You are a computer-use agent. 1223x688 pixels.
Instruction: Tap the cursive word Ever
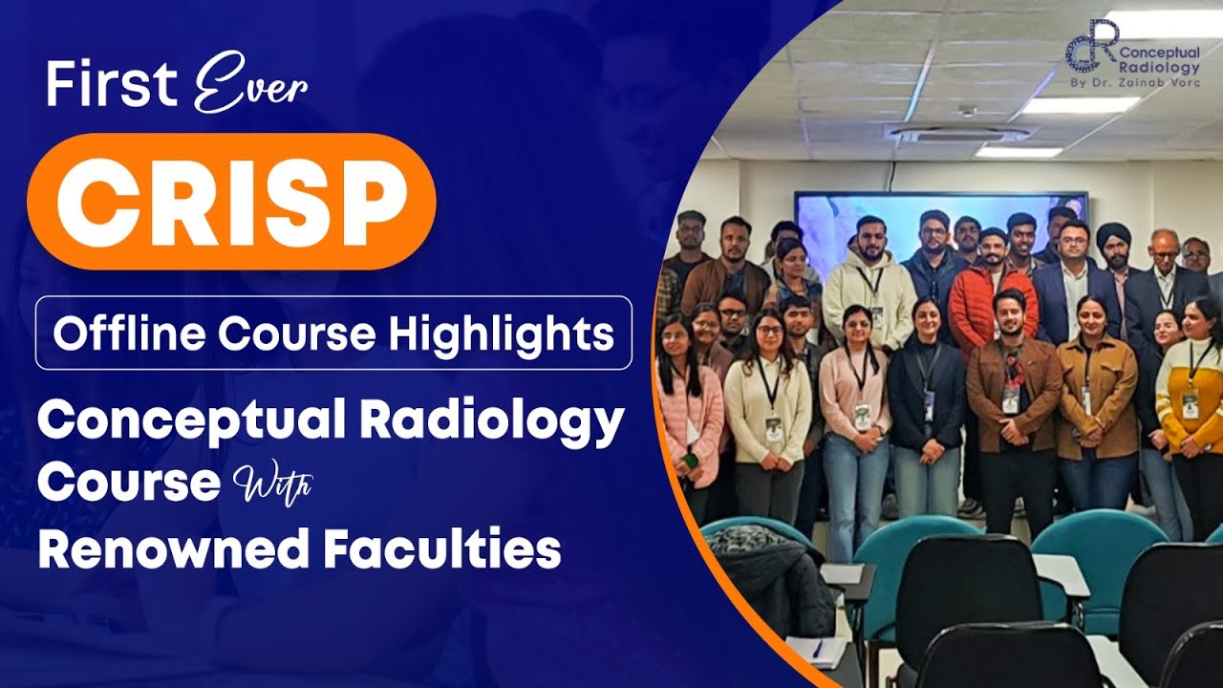[250, 89]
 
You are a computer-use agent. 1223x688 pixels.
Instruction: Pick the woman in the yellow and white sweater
[1191, 401]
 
